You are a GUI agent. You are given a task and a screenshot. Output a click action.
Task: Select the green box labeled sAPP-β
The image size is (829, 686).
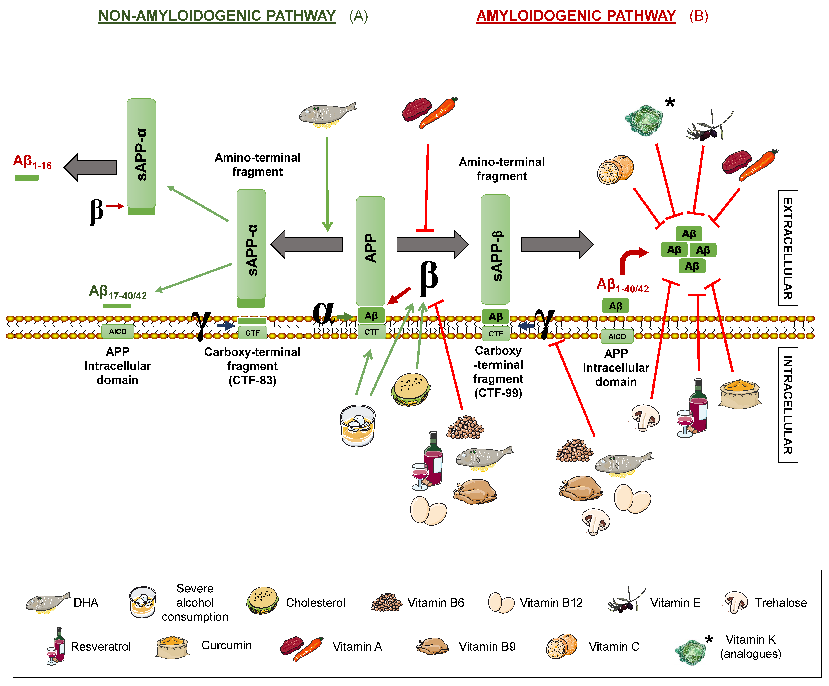pos(495,249)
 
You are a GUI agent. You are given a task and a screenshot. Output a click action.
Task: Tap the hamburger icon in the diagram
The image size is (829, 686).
pos(411,389)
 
